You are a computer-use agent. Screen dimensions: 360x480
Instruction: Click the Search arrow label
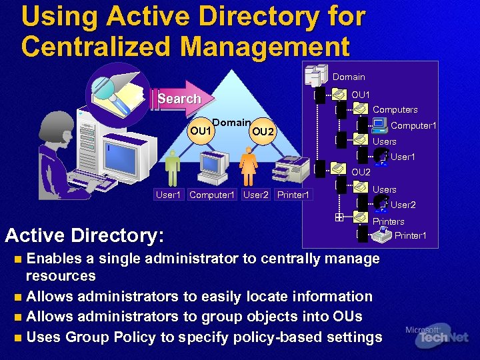tap(179, 99)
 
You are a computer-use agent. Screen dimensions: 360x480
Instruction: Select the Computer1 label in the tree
tap(413, 125)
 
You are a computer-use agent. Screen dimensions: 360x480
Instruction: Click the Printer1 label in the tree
tap(410, 235)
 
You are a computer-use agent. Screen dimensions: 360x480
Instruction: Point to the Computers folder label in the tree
tap(395, 109)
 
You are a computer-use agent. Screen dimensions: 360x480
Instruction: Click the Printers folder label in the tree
tap(388, 221)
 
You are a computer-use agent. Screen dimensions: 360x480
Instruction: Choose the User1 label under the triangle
tap(168, 195)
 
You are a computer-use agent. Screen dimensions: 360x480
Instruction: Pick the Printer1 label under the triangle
tap(293, 195)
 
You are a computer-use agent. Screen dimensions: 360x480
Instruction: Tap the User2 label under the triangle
tap(256, 195)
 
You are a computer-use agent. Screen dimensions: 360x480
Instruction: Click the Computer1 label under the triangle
tap(212, 195)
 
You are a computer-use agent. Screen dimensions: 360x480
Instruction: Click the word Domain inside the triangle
tap(233, 123)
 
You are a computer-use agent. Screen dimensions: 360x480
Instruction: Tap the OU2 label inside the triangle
tap(263, 131)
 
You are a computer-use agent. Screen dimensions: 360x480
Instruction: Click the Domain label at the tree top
tap(349, 77)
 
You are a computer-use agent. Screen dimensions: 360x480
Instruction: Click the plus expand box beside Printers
tap(339, 217)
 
